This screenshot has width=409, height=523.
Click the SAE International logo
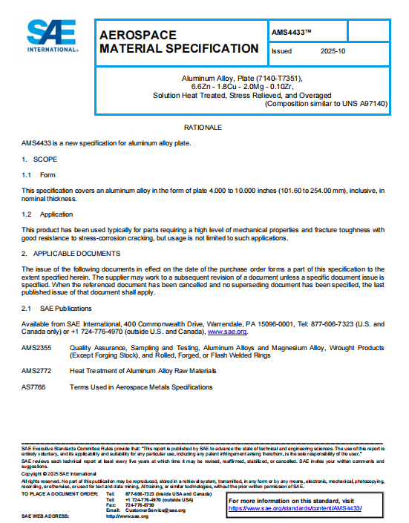click(52, 35)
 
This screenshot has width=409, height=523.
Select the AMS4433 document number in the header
click(292, 31)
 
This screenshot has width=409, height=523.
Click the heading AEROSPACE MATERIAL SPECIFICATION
click(178, 42)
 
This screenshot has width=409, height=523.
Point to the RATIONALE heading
click(203, 128)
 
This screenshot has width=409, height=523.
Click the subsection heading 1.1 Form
click(38, 175)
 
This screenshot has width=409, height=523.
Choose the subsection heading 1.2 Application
click(47, 214)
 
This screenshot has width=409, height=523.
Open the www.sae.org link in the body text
click(232, 332)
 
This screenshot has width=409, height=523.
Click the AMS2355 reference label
click(36, 346)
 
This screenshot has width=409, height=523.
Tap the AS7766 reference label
click(34, 387)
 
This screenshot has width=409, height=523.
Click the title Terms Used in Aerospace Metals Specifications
click(141, 387)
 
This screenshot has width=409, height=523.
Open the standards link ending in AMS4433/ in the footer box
click(295, 508)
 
